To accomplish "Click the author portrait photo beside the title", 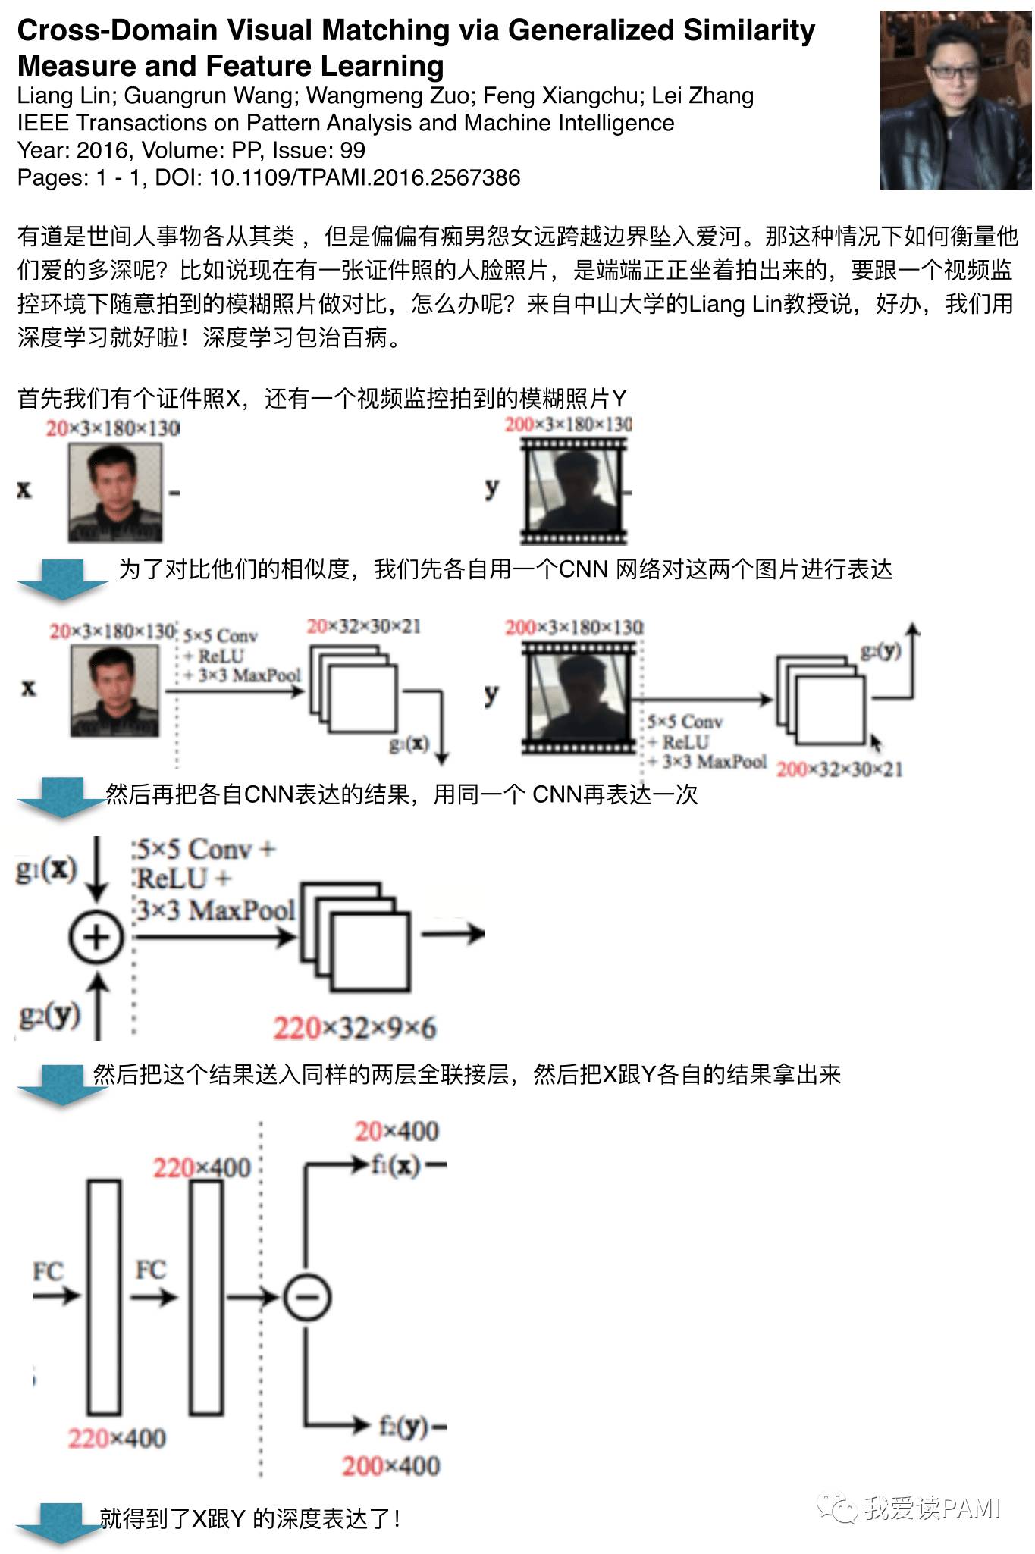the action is coord(955,100).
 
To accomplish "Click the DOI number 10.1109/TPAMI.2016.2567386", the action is coord(365,178).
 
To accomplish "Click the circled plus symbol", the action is coord(96,937).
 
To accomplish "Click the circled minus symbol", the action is coord(306,1297).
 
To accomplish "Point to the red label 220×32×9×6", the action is coord(354,1028).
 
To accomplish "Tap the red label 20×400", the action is coord(397,1132).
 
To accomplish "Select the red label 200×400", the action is coord(390,1465).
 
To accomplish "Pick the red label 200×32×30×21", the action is coord(839,769).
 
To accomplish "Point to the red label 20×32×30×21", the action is coord(363,627).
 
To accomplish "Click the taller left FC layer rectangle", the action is coord(104,1296).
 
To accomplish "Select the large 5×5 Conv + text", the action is coord(205,849).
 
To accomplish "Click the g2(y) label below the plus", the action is coord(49,1014).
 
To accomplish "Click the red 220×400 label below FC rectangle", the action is coord(117,1437).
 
